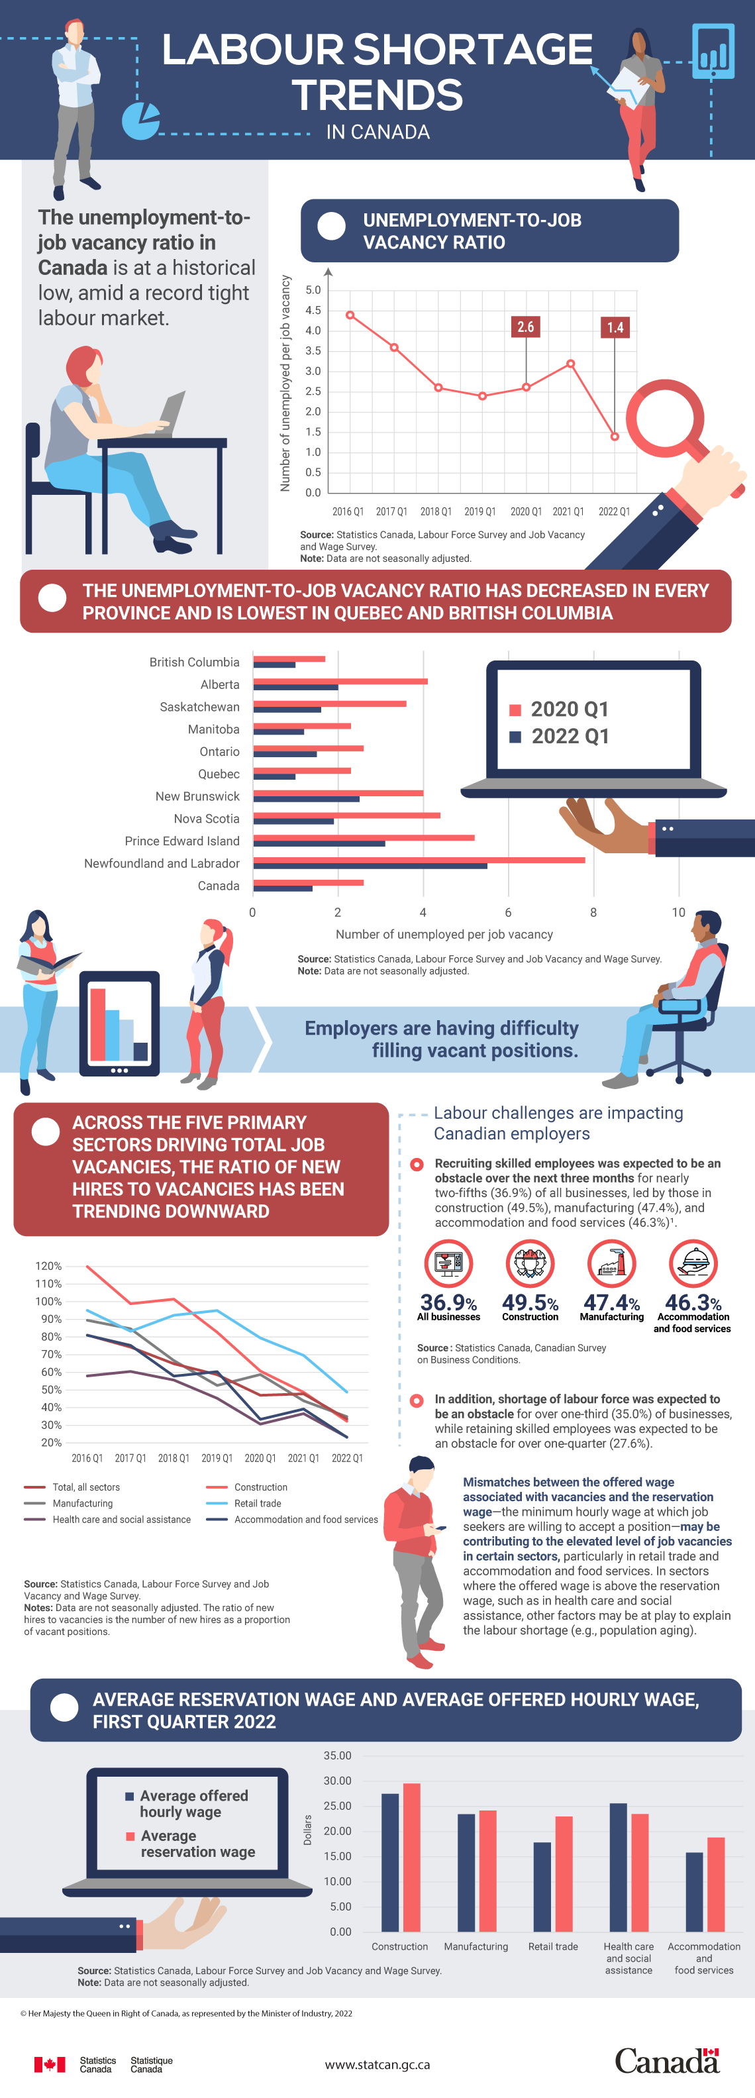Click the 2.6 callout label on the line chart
pos(525,327)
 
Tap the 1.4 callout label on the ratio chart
pos(615,327)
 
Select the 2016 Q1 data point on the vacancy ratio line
pos(350,315)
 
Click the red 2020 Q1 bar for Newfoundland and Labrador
pos(419,860)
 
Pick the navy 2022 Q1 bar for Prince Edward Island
pos(319,844)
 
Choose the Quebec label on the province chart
pos(219,774)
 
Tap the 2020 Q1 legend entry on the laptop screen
pos(560,709)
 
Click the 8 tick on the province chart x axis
pos(593,912)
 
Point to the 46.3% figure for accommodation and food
pos(693,1303)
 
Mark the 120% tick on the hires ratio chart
pos(48,1266)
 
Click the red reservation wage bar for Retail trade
pos(564,1874)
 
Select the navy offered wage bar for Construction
pos(390,1863)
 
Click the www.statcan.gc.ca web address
pos(377,2065)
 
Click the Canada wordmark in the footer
pos(666,2062)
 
